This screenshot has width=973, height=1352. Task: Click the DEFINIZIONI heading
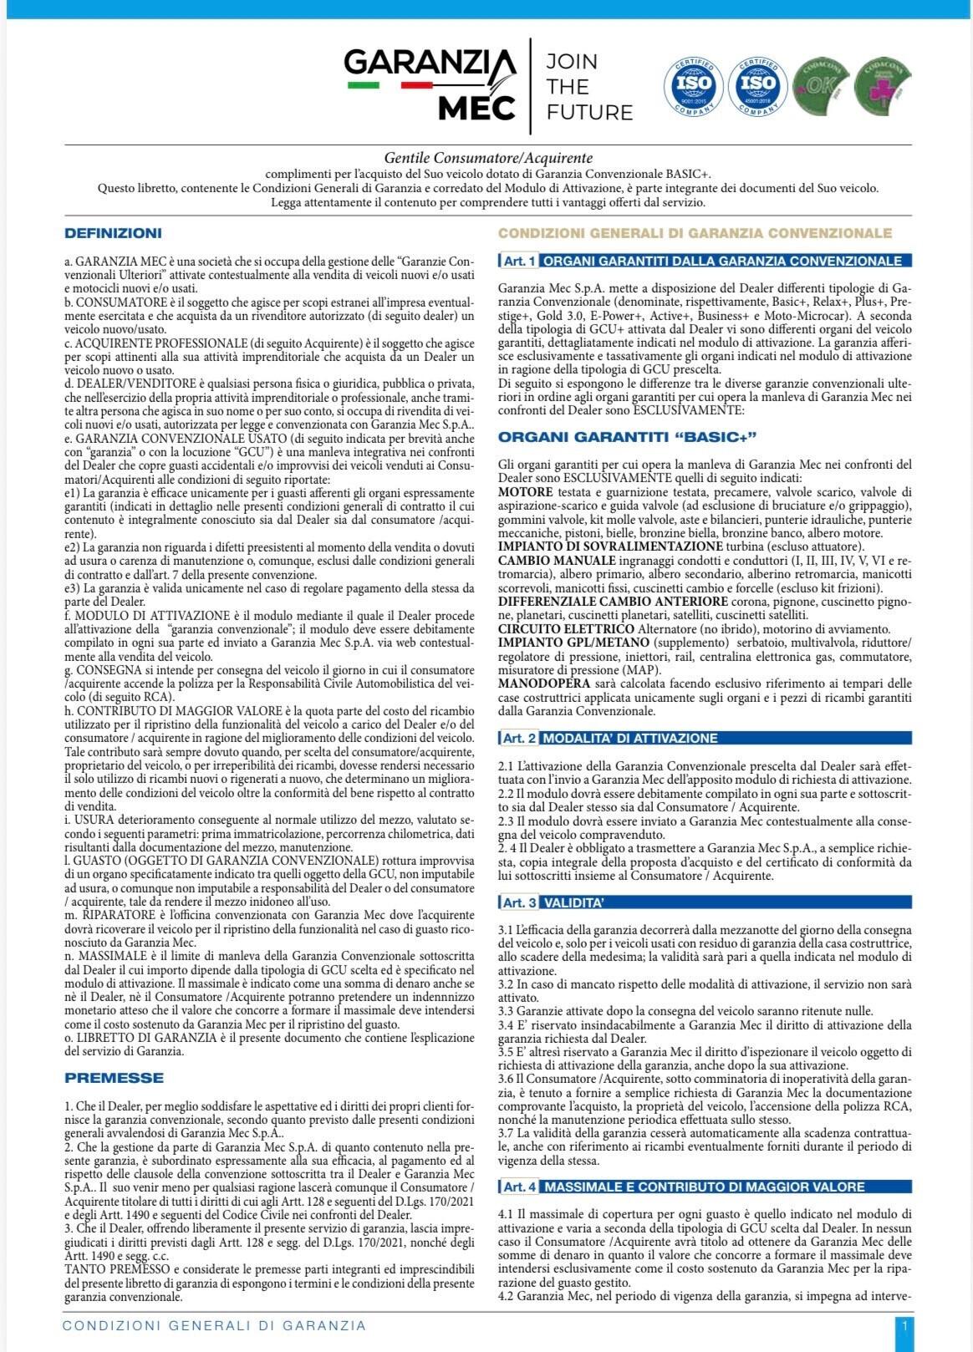pyautogui.click(x=113, y=233)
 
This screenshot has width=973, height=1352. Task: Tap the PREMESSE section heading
pyautogui.click(x=114, y=1078)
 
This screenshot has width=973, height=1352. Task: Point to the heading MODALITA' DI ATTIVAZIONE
pyautogui.click(x=630, y=738)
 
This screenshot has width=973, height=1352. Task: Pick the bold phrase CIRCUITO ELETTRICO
pyautogui.click(x=566, y=628)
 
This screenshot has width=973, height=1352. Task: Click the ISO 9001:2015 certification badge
pyautogui.click(x=693, y=86)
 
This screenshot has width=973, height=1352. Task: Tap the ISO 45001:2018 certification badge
pyautogui.click(x=757, y=86)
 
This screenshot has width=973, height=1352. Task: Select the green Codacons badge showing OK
pyautogui.click(x=821, y=86)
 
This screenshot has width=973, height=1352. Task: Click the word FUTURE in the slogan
pyautogui.click(x=589, y=112)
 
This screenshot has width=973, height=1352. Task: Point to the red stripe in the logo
pyautogui.click(x=415, y=84)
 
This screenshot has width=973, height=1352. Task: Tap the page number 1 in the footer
pyautogui.click(x=904, y=1325)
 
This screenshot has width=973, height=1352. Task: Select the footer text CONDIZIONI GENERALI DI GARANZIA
pyautogui.click(x=215, y=1325)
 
